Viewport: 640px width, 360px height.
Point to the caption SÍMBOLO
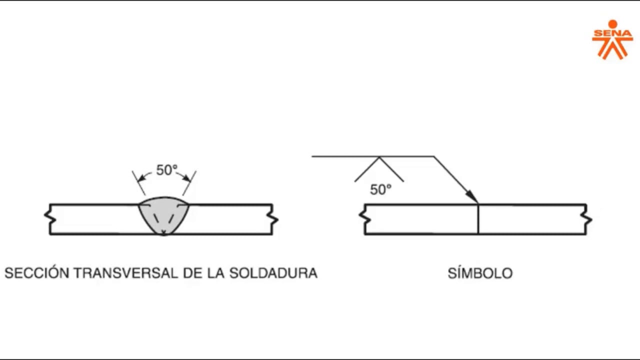[x=480, y=273]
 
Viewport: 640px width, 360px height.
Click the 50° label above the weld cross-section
[x=166, y=170]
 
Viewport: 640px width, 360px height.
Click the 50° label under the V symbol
[x=380, y=190]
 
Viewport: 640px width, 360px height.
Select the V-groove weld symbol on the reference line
[x=379, y=169]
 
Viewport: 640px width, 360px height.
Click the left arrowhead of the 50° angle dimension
[x=141, y=177]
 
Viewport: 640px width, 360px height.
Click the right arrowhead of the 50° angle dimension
[x=187, y=177]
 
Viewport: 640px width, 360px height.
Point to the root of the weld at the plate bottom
[x=163, y=233]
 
